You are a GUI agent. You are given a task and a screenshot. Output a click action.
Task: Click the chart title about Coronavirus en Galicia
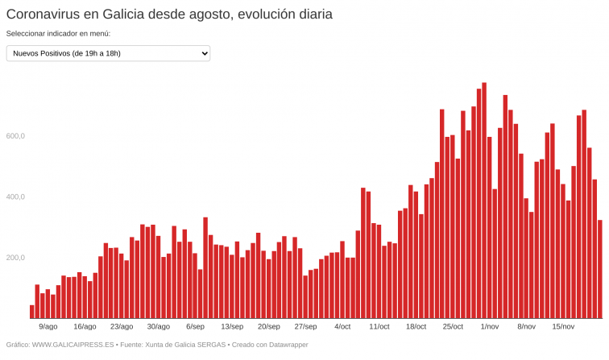tap(169, 14)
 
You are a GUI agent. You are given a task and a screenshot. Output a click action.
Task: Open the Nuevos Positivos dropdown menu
tap(108, 53)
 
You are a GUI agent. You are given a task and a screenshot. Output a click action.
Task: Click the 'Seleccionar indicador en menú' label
tap(58, 34)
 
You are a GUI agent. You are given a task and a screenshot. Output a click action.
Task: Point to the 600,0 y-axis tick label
tap(16, 136)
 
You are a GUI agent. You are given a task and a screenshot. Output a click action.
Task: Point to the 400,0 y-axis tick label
tap(16, 197)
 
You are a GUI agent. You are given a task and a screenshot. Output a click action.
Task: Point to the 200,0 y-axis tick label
tap(16, 258)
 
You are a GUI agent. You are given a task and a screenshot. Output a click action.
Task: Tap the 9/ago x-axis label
tap(48, 326)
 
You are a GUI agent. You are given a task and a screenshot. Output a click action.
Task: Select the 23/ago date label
tap(122, 326)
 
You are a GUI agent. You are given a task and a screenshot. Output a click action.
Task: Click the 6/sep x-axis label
tap(195, 326)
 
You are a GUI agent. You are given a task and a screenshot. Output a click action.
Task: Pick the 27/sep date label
tap(305, 326)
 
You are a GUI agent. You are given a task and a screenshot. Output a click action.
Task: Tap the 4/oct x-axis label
tap(342, 326)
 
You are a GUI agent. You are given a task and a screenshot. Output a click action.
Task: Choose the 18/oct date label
tap(416, 326)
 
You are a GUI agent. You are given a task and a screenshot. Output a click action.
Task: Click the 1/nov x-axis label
tap(490, 326)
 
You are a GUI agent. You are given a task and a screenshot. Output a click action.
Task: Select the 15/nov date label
tap(563, 326)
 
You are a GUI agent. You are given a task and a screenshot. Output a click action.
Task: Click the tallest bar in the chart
tap(484, 201)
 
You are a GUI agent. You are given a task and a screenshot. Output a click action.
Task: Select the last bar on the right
tap(600, 270)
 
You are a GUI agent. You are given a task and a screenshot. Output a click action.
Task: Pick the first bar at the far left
tap(32, 312)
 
